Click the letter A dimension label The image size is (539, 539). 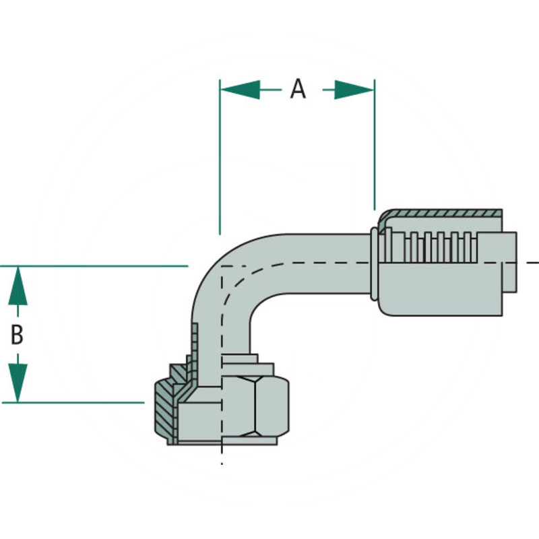[297, 89]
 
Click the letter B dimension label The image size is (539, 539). [18, 335]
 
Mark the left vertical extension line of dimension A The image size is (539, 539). [220, 155]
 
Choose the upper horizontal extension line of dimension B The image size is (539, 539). [101, 266]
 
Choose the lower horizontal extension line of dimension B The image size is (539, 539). [81, 403]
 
